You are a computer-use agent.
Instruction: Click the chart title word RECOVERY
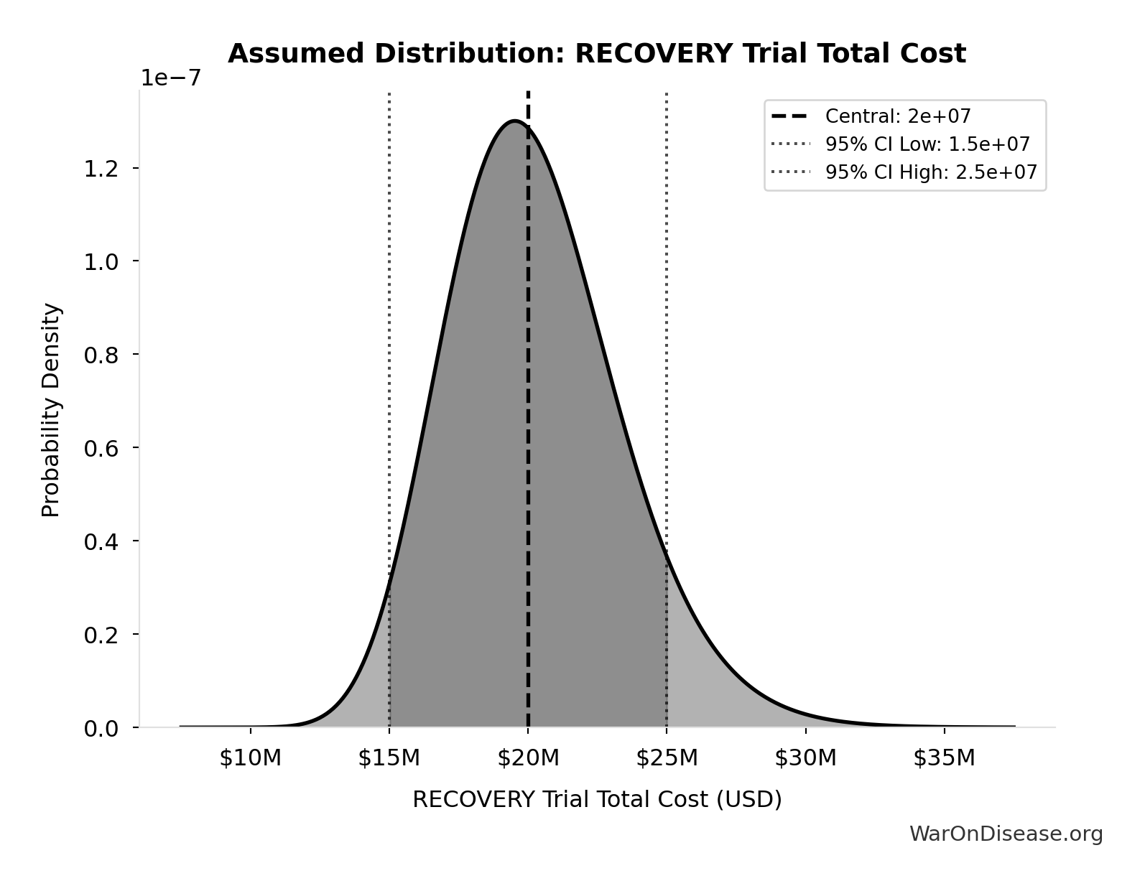point(654,54)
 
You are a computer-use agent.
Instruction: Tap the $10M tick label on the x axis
point(250,757)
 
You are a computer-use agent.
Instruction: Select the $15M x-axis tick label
point(389,757)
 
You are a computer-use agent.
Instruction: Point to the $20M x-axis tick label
point(528,757)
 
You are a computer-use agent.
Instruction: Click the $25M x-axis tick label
point(667,757)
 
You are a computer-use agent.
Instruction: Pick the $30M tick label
point(805,757)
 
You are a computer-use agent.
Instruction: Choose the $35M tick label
point(944,757)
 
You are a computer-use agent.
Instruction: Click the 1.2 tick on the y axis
point(101,169)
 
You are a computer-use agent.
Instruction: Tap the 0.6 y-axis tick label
point(101,448)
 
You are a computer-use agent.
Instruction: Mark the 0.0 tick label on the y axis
point(101,729)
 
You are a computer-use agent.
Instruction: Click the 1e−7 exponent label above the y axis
point(171,78)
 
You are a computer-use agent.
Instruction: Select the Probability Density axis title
point(51,410)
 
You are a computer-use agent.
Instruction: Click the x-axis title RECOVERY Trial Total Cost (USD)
point(597,799)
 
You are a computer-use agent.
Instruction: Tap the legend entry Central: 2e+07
point(898,116)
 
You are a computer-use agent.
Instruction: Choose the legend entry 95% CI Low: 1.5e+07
point(927,144)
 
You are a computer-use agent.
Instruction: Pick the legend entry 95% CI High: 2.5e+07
point(930,172)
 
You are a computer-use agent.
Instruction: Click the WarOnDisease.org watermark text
point(1006,834)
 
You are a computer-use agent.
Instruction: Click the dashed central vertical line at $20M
point(528,431)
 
